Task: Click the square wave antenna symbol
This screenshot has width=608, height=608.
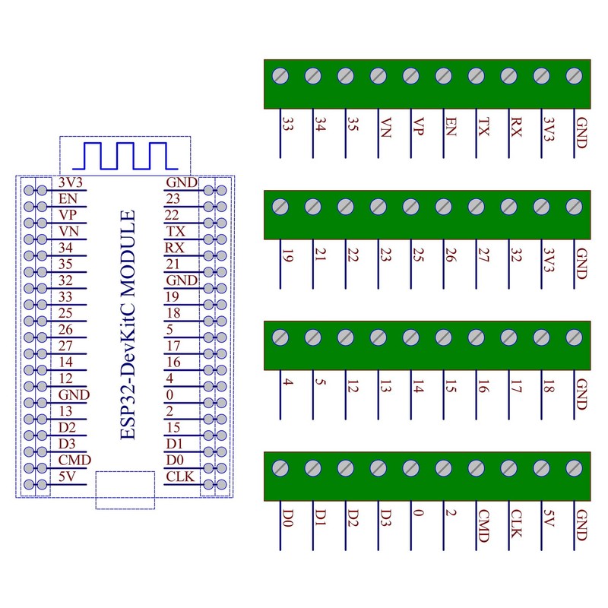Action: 125,155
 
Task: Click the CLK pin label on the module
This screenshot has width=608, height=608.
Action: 181,477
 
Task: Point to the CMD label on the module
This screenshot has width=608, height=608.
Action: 74,461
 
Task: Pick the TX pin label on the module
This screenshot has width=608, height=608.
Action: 175,231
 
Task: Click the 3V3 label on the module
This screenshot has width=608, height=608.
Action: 70,182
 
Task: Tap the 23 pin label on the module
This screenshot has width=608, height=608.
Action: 175,198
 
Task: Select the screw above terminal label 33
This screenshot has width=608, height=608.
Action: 280,76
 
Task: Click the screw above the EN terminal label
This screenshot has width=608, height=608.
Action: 444,76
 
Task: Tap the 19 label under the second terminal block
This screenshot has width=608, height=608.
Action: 287,258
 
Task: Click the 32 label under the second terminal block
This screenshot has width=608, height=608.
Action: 516,258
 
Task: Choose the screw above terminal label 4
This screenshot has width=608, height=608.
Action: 280,337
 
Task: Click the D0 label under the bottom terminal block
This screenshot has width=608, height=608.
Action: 287,519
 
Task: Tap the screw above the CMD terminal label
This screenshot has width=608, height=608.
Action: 477,468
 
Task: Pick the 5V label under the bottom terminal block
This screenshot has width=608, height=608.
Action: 549,519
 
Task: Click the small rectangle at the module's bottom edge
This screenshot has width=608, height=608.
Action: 125,489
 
